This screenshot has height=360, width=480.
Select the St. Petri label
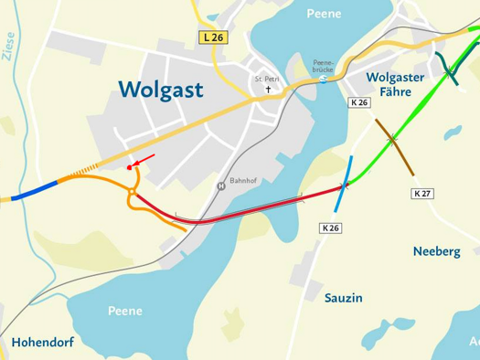(x=267, y=79)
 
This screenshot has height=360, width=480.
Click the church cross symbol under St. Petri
(x=268, y=90)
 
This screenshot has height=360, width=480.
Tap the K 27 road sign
(x=421, y=194)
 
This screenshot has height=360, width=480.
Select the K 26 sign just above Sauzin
(x=330, y=227)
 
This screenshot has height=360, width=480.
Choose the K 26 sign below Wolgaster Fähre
(x=359, y=103)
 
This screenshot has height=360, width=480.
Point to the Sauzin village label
(x=344, y=298)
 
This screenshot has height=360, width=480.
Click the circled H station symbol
(x=220, y=186)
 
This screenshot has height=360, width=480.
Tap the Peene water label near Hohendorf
(x=124, y=311)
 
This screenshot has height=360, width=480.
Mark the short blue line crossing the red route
(x=345, y=184)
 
